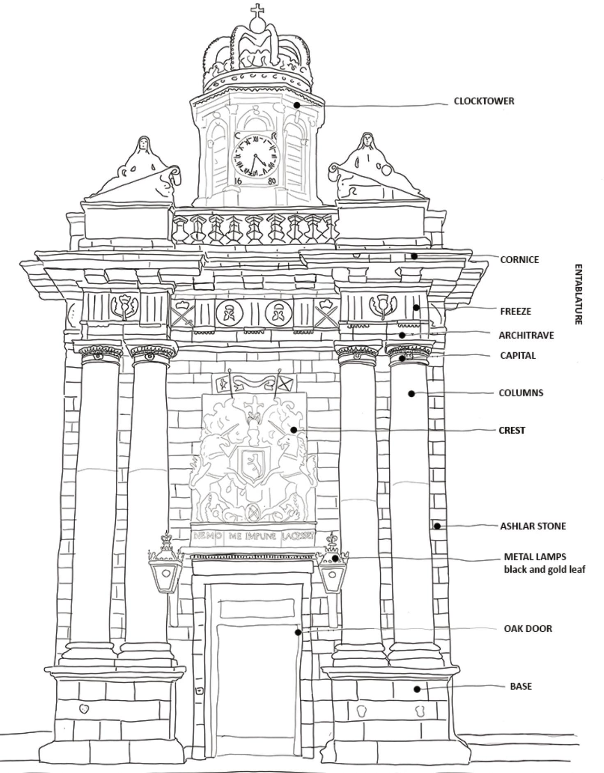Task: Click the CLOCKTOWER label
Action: [484, 101]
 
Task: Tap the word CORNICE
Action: [519, 260]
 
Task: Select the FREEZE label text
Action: [515, 311]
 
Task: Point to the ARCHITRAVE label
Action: [526, 335]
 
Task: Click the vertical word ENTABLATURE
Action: [578, 294]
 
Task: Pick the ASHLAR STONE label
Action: [533, 526]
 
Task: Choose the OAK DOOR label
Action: [528, 628]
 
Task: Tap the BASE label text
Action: [521, 686]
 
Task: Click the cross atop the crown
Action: [257, 10]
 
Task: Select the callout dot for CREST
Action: [294, 430]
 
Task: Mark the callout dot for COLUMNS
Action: [411, 393]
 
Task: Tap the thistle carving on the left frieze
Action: [124, 306]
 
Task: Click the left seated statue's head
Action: [143, 143]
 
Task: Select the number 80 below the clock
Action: [272, 181]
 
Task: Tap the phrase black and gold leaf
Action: [544, 570]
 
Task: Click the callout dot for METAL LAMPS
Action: [335, 558]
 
